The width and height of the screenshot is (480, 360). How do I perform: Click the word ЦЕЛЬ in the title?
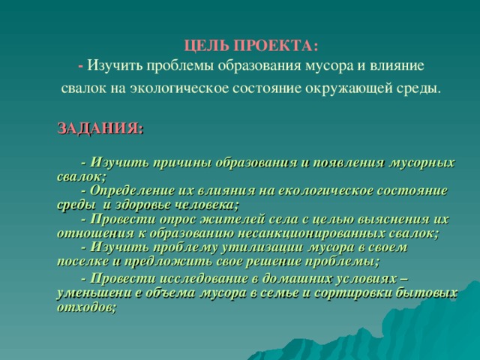[x=201, y=45]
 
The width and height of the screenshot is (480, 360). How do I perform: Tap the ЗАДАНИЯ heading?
[x=100, y=127]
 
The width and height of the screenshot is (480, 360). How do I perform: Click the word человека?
[x=211, y=204]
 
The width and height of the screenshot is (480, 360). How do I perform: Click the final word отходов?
[x=85, y=307]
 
